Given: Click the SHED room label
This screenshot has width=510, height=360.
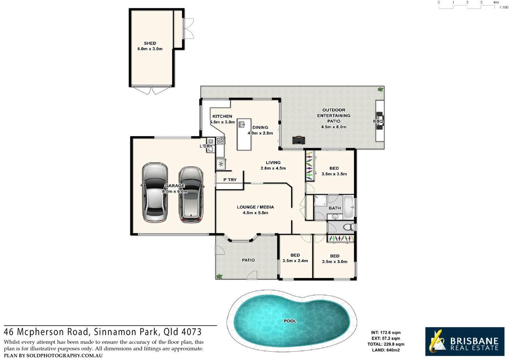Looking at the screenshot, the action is (x=150, y=43).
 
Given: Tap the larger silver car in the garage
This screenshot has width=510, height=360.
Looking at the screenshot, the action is (x=155, y=193).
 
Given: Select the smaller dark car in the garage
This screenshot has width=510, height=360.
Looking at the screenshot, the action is (x=191, y=195).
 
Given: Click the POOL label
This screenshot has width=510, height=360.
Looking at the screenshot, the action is (x=290, y=321).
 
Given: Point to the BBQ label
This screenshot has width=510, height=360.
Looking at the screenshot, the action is (x=378, y=121).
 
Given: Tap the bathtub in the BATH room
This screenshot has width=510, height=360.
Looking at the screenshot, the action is (x=348, y=207).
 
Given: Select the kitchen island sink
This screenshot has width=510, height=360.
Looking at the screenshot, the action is (x=242, y=124).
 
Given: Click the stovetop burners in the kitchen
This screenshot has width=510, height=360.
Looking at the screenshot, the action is (x=220, y=141).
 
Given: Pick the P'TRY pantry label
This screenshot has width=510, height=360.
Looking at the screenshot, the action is (x=230, y=180).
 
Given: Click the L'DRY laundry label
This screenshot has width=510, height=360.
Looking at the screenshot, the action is (x=206, y=146).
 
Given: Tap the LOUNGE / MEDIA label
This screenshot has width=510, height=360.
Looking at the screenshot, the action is (x=255, y=207).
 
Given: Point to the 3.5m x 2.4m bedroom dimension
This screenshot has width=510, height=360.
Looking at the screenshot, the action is (x=295, y=261).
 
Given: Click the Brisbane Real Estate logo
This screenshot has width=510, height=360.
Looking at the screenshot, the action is (x=465, y=341).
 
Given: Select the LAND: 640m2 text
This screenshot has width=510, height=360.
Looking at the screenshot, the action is (x=386, y=350).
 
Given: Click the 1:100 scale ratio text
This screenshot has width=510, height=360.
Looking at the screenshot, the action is (x=503, y=8).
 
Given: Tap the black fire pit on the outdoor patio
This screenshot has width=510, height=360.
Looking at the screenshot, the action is (x=298, y=140).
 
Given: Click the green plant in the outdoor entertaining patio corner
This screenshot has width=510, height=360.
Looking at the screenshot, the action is (x=380, y=90).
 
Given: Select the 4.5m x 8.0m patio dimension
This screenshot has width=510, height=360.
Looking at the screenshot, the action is (x=334, y=127).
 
